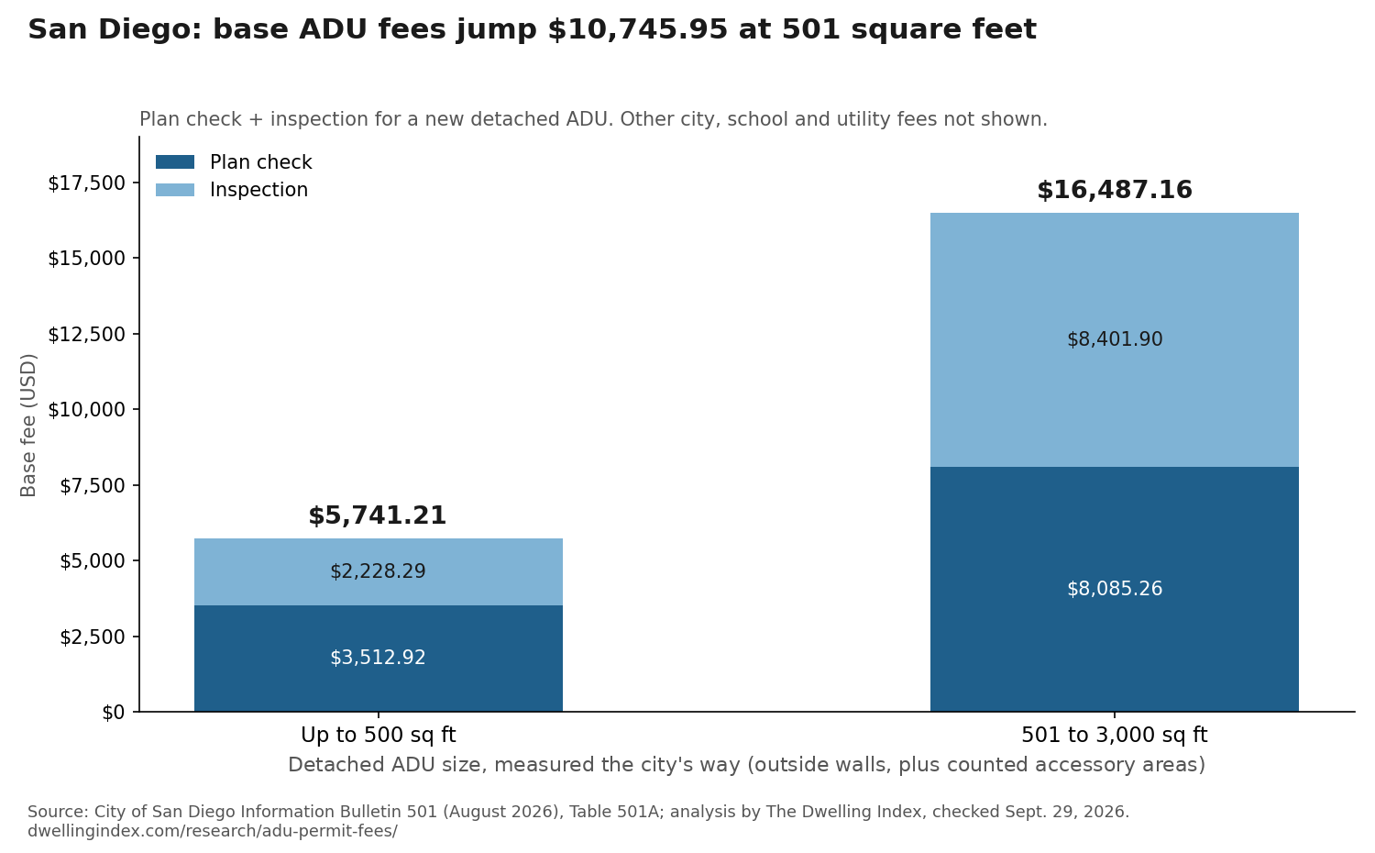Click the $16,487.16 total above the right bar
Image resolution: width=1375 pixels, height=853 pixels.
coord(1114,191)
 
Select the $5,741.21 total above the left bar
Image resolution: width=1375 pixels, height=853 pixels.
coord(378,515)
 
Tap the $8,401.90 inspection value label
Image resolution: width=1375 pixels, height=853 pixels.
coord(1115,339)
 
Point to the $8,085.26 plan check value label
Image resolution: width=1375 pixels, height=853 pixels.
coord(1115,589)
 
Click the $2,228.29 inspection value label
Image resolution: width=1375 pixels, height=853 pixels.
coord(378,571)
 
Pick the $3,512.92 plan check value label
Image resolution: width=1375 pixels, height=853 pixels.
coord(378,658)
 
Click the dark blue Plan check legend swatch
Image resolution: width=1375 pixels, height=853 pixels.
coord(175,162)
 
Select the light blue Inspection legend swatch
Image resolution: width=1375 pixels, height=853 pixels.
coord(175,190)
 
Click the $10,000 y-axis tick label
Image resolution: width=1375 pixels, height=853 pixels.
coord(86,410)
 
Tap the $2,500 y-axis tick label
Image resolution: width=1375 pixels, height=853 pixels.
coord(92,637)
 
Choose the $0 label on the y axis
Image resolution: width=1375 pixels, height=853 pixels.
coord(114,713)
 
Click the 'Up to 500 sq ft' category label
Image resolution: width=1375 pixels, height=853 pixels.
coord(378,735)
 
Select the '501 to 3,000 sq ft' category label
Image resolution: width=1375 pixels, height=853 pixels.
coord(1115,735)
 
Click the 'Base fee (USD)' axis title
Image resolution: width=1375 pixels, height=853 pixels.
coord(28,425)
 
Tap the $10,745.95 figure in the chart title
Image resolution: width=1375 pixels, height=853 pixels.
coord(638,29)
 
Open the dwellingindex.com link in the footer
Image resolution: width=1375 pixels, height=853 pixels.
coord(213,832)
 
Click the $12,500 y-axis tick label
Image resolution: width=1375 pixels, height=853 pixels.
coord(86,334)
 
